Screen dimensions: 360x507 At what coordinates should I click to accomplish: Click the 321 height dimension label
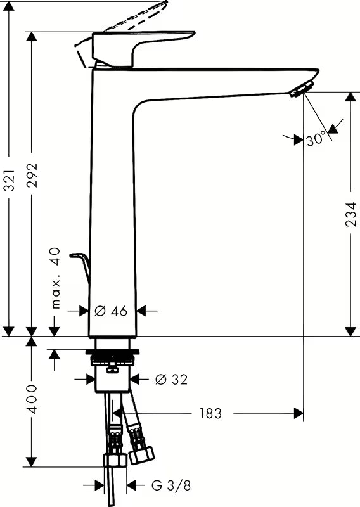pos(10,180)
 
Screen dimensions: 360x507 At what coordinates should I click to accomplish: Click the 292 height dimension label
pos(32,176)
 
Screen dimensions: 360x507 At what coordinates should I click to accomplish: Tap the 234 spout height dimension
pos(350,214)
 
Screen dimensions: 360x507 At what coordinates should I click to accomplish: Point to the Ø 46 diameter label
pos(111,311)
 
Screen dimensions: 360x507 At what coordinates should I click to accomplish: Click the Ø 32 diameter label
pos(171,379)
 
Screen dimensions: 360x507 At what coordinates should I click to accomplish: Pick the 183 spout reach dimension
pos(210,413)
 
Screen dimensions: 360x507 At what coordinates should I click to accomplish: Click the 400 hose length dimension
pos(32,399)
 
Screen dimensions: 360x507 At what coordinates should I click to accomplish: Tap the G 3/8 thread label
pos(171,485)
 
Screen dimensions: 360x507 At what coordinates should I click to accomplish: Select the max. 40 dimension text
pos(56,278)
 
